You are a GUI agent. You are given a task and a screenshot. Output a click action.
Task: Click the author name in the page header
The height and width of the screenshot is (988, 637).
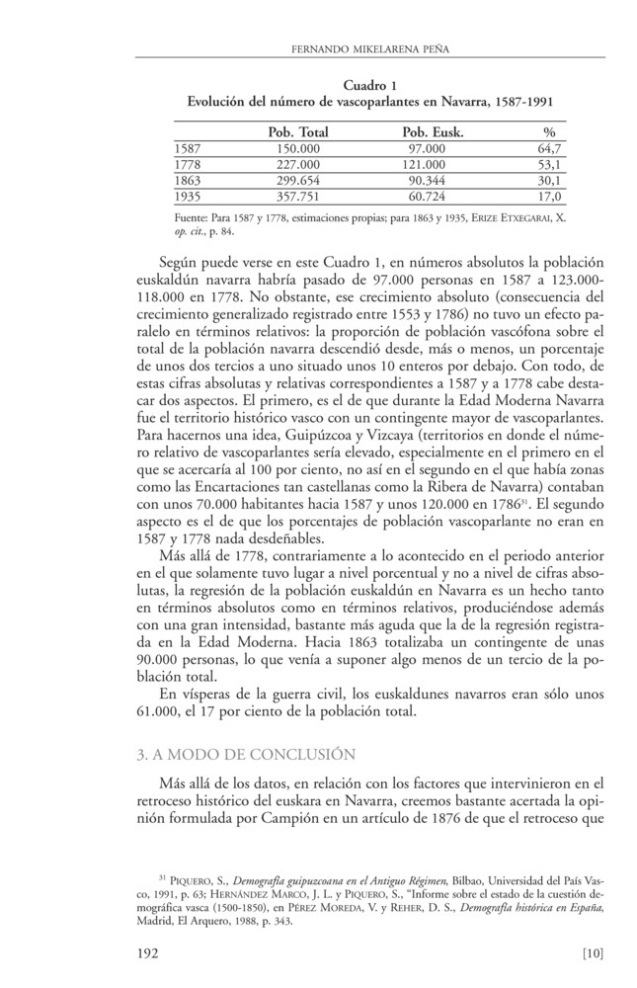[368, 47]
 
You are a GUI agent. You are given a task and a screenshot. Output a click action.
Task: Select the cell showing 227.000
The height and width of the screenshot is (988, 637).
[297, 164]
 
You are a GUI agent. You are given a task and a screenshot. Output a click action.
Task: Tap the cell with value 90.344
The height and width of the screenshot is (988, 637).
[427, 181]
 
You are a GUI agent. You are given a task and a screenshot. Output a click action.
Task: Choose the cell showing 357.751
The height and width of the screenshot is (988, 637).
[297, 197]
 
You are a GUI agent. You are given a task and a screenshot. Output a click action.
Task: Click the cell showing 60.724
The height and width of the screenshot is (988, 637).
[427, 197]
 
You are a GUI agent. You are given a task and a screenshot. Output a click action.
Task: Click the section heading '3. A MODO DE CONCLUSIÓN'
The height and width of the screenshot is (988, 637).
[243, 756]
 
